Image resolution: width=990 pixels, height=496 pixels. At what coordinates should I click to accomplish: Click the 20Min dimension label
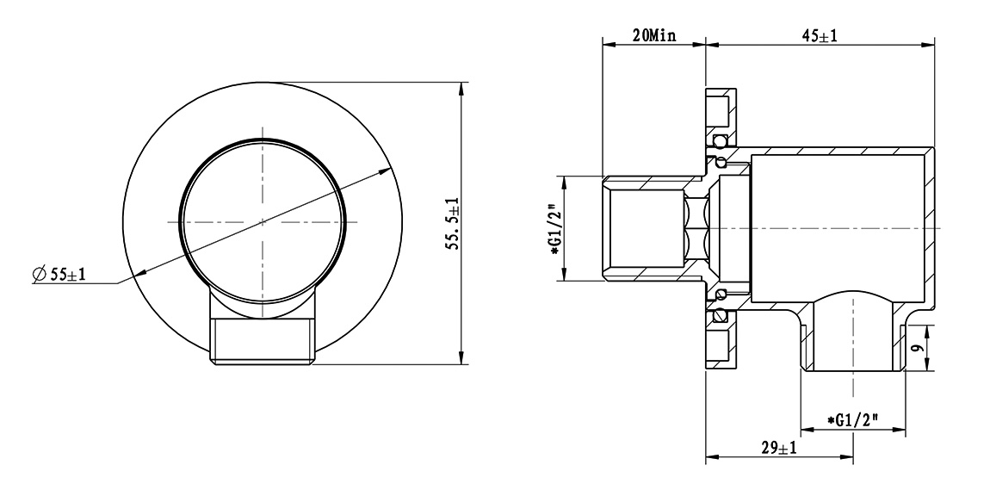click(x=654, y=36)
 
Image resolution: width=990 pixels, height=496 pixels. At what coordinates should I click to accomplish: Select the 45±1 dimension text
click(x=820, y=36)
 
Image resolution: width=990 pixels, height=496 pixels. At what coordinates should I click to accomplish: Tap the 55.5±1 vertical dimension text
click(x=453, y=224)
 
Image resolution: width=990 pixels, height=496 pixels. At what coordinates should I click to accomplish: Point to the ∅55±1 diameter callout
click(x=59, y=274)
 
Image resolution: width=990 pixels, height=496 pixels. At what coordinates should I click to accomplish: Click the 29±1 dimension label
click(x=778, y=448)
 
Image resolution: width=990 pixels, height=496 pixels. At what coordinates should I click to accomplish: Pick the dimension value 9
click(x=919, y=347)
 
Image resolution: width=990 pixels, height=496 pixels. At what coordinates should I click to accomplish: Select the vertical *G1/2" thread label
click(x=555, y=229)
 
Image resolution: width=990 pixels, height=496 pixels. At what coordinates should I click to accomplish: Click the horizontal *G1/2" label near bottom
click(x=854, y=419)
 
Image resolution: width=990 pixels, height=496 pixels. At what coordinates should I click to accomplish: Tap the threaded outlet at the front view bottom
click(x=263, y=341)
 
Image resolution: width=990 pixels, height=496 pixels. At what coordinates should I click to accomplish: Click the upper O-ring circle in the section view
click(x=718, y=140)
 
